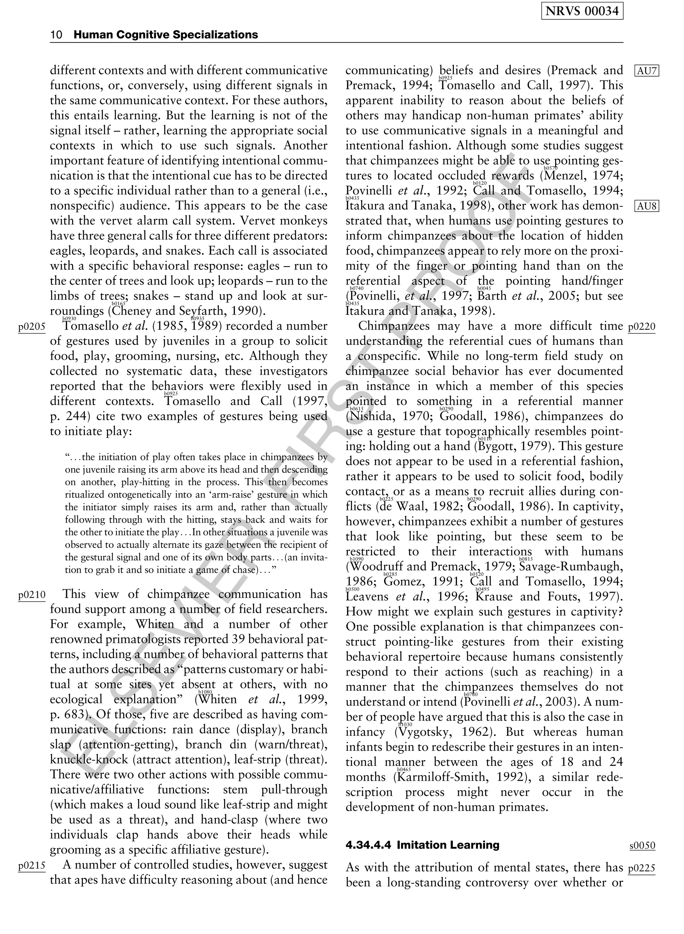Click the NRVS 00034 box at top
[x=582, y=11]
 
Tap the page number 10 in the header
[x=56, y=35]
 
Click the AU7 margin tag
[x=647, y=71]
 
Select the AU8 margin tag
[x=647, y=206]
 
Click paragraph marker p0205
[x=31, y=327]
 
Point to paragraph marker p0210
[x=31, y=595]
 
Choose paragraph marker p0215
[x=31, y=865]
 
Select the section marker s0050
[x=642, y=845]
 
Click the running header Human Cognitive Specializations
[x=166, y=35]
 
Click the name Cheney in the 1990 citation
[x=131, y=311]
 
